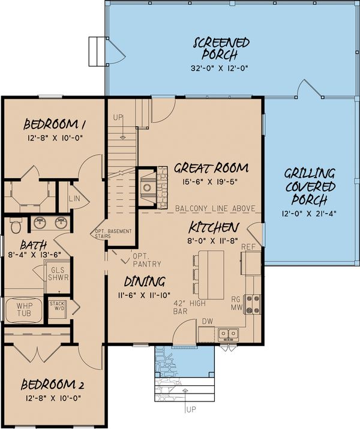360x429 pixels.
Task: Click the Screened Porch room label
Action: coord(221,49)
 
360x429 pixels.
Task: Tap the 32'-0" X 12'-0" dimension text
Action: coord(220,68)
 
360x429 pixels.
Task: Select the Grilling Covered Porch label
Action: coord(310,187)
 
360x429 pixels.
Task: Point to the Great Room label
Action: coord(211,168)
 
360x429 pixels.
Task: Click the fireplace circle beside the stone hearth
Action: coord(147,188)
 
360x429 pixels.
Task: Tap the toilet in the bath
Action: coord(15,225)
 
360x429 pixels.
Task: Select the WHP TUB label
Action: coord(24,309)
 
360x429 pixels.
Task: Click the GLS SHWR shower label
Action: coord(58,274)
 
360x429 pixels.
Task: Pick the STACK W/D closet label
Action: coord(57,306)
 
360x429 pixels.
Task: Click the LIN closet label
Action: coord(74,198)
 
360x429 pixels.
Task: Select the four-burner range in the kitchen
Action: coord(253,304)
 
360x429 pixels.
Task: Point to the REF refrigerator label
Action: coord(248,247)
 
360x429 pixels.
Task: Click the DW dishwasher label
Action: coord(208,322)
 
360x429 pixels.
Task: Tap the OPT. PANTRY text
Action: coord(147,260)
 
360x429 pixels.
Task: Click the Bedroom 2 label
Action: coord(52,385)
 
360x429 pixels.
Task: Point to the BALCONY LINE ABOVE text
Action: coord(215,208)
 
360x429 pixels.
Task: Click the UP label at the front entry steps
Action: coord(191,409)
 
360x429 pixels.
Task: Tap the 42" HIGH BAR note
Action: coord(190,307)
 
